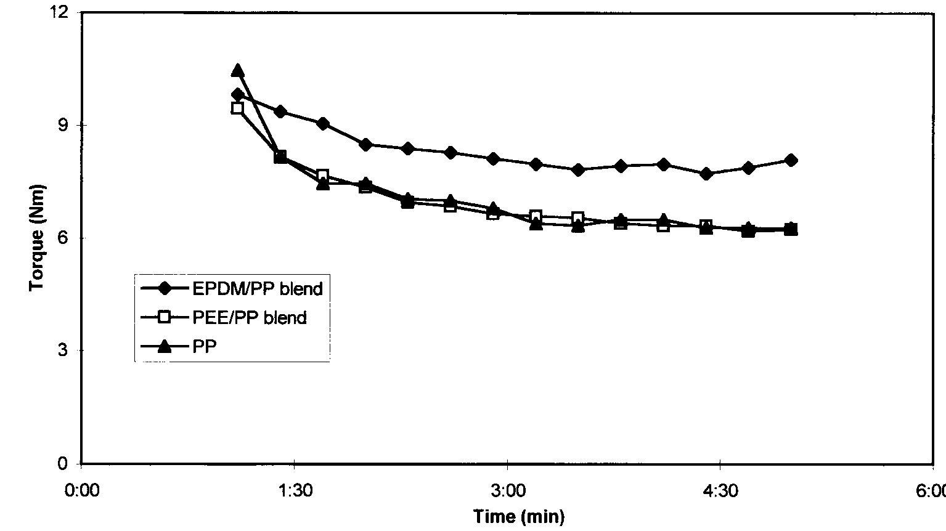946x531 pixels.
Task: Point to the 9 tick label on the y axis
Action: point(64,125)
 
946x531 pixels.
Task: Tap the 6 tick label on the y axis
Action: point(64,238)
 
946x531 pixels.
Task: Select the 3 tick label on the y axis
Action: point(64,351)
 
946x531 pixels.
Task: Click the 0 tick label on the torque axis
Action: point(64,463)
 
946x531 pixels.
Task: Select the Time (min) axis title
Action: point(519,516)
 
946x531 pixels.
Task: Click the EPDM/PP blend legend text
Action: point(257,288)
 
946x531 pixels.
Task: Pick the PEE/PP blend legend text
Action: point(249,318)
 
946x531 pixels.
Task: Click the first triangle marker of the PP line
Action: point(238,71)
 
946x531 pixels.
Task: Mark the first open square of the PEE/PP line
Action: point(238,108)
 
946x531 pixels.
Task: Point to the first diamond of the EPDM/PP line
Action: point(238,94)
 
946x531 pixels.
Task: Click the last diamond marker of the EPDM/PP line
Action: point(791,160)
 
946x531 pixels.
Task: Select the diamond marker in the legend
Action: point(164,288)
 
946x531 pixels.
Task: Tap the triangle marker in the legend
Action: point(164,347)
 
